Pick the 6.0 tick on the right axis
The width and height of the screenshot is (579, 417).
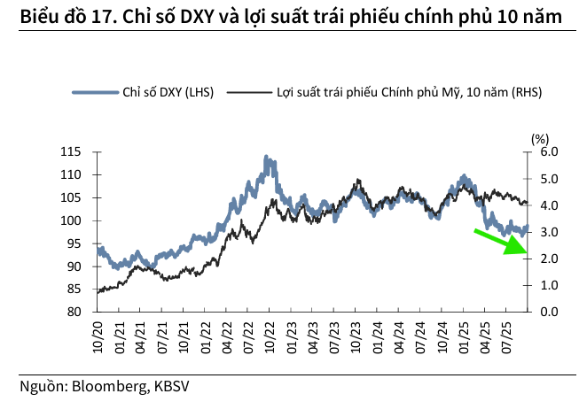click(x=550, y=152)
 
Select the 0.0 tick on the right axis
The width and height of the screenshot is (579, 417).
click(x=550, y=312)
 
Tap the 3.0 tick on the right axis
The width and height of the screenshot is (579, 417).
click(x=550, y=232)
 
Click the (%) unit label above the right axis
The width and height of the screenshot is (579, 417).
click(x=540, y=138)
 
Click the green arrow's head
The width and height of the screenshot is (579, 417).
click(x=515, y=248)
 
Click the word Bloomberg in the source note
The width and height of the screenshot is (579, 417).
click(x=112, y=387)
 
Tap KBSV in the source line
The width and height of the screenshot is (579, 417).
click(x=172, y=387)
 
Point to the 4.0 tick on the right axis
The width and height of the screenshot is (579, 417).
click(x=550, y=205)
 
